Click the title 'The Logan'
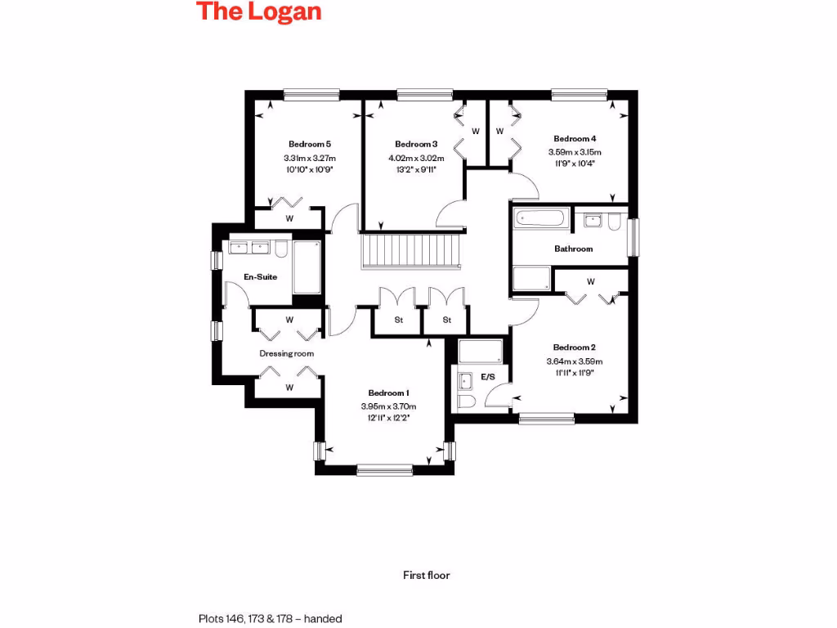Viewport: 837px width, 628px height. pyautogui.click(x=258, y=12)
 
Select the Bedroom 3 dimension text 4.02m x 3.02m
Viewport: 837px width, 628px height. pyautogui.click(x=416, y=158)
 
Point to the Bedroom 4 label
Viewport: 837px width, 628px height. pyautogui.click(x=575, y=139)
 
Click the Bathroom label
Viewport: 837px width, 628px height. pyautogui.click(x=573, y=249)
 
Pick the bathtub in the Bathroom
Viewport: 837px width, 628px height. pyautogui.click(x=539, y=219)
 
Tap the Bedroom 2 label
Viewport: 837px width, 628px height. pyautogui.click(x=574, y=348)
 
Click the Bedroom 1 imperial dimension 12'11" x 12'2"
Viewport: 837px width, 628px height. pyautogui.click(x=388, y=418)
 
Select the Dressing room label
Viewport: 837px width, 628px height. pyautogui.click(x=287, y=354)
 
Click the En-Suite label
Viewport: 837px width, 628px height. pyautogui.click(x=261, y=277)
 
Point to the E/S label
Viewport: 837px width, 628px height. pyautogui.click(x=488, y=377)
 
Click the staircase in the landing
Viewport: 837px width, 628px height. pyautogui.click(x=412, y=250)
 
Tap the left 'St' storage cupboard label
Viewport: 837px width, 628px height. pyautogui.click(x=399, y=320)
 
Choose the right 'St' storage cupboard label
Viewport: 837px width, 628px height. pyautogui.click(x=447, y=320)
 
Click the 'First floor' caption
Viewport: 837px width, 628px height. pyautogui.click(x=427, y=575)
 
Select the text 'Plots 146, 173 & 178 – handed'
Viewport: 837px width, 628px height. pyautogui.click(x=270, y=619)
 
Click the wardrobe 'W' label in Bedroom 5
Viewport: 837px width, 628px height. pyautogui.click(x=289, y=219)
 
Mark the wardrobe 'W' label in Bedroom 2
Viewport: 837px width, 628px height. pyautogui.click(x=591, y=282)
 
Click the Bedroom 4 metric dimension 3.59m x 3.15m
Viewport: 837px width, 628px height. pyautogui.click(x=575, y=152)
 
